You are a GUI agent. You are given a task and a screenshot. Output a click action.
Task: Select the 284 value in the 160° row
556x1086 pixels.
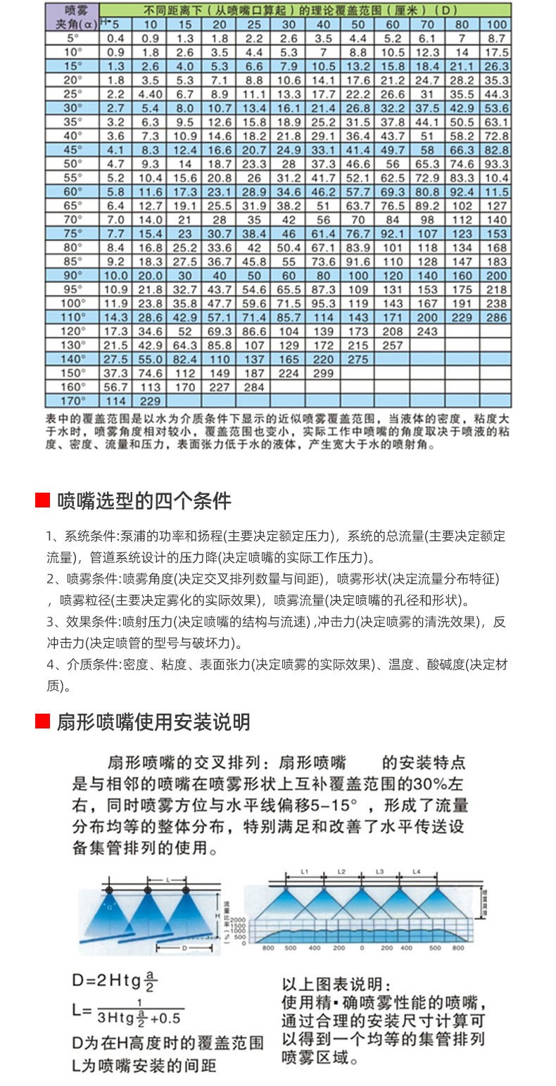pos(253,387)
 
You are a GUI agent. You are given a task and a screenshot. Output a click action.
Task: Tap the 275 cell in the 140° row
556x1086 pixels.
pos(358,360)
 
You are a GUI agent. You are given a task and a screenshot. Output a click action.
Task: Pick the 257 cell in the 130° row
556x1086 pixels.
pos(392,346)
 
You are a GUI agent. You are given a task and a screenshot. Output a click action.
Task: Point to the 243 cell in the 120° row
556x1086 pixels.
pos(427,332)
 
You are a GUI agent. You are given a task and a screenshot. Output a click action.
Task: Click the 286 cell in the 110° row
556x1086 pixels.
pos(496,317)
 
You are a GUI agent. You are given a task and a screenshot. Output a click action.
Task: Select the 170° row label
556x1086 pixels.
pos(72,401)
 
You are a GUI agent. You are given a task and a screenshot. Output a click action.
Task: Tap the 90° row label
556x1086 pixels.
pos(72,275)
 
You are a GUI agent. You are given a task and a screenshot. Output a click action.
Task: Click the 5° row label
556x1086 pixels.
pos(72,37)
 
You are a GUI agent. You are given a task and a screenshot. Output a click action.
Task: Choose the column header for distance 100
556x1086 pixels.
pos(496,23)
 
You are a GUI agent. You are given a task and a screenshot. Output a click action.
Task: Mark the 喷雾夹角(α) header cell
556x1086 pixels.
pos(72,17)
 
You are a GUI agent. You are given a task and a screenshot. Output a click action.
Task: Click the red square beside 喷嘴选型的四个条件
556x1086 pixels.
pos(42,500)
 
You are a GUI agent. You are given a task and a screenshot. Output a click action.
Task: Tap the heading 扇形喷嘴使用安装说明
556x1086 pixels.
pos(153,721)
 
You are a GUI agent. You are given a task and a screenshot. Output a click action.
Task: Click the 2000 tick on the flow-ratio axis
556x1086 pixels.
pos(235,921)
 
